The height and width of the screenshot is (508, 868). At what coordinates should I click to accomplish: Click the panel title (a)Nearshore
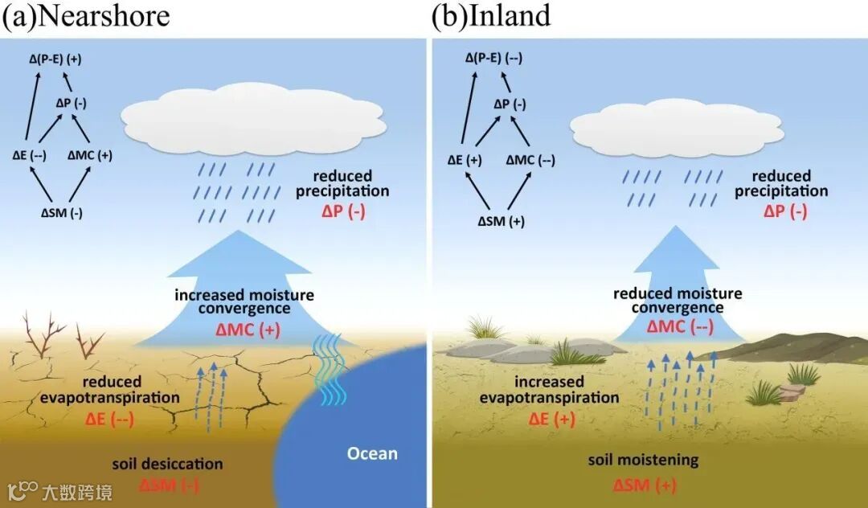[86, 17]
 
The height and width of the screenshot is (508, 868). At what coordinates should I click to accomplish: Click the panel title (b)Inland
[491, 17]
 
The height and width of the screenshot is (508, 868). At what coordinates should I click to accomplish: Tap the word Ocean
[372, 453]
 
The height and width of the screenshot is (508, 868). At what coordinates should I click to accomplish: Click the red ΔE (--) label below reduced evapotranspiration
[109, 418]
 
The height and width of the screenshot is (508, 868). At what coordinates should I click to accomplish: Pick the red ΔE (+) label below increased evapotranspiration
[551, 418]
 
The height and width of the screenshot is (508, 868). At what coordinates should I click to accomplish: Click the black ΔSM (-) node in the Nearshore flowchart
[62, 213]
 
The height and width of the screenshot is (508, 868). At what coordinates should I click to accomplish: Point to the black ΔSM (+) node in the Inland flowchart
[502, 221]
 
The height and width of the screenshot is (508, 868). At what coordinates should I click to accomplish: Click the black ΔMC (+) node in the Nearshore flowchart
[90, 155]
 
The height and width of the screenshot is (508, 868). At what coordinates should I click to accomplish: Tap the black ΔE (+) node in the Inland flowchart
[465, 160]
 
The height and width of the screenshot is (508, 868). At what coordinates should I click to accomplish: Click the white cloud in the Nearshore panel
[254, 121]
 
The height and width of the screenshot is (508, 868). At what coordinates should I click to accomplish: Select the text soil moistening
[643, 461]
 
